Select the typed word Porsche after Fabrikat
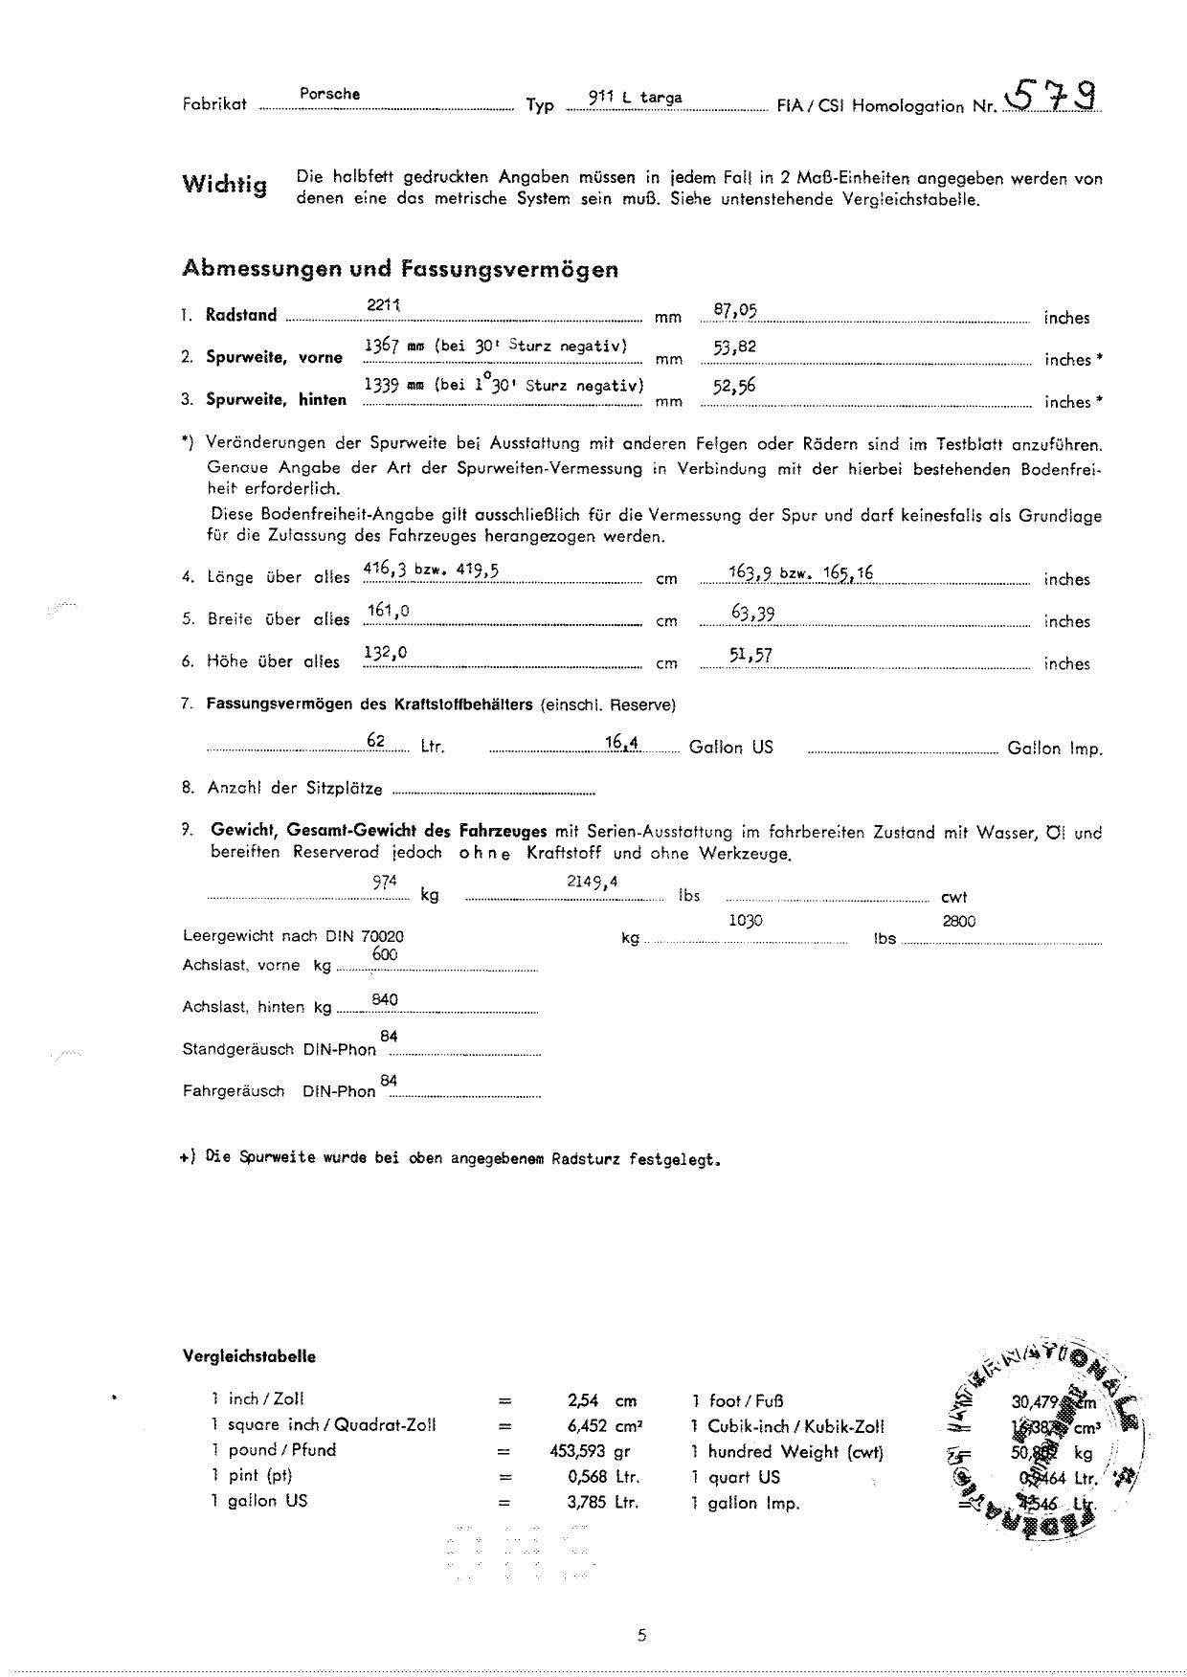point(329,94)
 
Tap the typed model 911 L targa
point(635,98)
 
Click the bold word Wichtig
point(225,185)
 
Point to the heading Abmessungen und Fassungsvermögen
point(400,269)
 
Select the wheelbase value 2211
point(383,304)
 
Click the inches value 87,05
point(735,309)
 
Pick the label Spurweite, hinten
point(276,400)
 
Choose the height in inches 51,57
point(750,655)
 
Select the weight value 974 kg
point(385,883)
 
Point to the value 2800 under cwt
point(958,921)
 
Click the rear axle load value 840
point(385,1000)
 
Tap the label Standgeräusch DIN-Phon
point(279,1049)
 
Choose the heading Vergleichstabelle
point(249,1356)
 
